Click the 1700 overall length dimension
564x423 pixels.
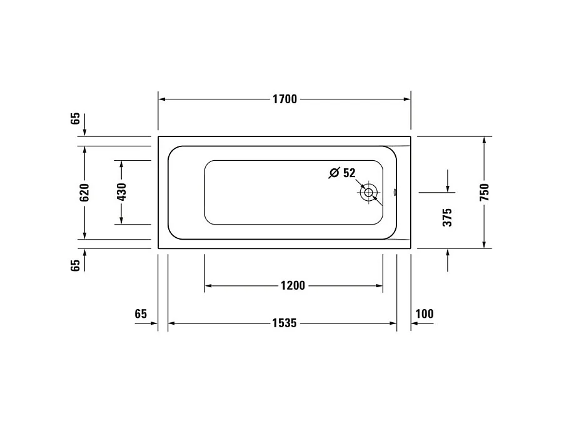(x=285, y=99)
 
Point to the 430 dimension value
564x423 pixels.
(x=121, y=192)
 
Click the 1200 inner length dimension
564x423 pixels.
(x=293, y=285)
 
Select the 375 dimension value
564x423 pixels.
(x=447, y=218)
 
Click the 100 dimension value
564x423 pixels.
(x=424, y=313)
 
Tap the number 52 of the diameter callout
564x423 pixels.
(x=350, y=173)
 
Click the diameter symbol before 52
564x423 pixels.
(x=334, y=173)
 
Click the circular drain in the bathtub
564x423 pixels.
(x=370, y=193)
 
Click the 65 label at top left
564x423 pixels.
(x=75, y=118)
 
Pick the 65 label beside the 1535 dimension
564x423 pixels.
(x=140, y=313)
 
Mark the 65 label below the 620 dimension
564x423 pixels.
(x=75, y=265)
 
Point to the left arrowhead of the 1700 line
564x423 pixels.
(x=161, y=99)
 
